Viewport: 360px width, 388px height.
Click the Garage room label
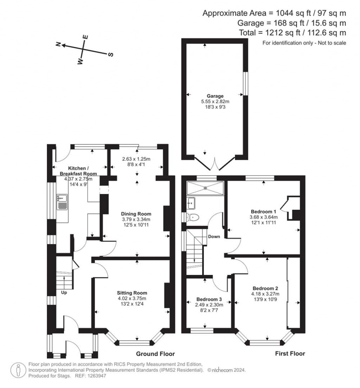[x=215, y=96]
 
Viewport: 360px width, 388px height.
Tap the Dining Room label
[x=136, y=214]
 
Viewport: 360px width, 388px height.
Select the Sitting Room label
[x=132, y=293]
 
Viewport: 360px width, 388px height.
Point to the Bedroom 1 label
[x=263, y=212]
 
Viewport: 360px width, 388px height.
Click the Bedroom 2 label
[x=265, y=288]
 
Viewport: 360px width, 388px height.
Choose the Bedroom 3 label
[x=209, y=299]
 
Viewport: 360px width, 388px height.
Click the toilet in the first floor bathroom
[x=193, y=217]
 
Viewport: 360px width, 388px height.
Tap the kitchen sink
[x=62, y=202]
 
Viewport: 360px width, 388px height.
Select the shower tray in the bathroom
[x=205, y=188]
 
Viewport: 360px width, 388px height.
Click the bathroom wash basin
[x=191, y=203]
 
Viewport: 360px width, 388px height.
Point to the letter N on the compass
[x=58, y=44]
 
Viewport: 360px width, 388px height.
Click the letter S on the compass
[x=111, y=54]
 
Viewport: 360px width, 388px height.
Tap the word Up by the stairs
[x=64, y=292]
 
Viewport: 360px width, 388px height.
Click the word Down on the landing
[x=214, y=237]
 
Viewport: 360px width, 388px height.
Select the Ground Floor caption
[x=155, y=354]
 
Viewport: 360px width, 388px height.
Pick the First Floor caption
[x=290, y=354]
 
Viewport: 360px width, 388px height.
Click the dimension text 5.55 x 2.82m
[x=215, y=102]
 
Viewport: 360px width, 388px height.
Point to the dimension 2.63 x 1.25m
[x=136, y=159]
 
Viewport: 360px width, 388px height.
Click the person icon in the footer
[x=18, y=370]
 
